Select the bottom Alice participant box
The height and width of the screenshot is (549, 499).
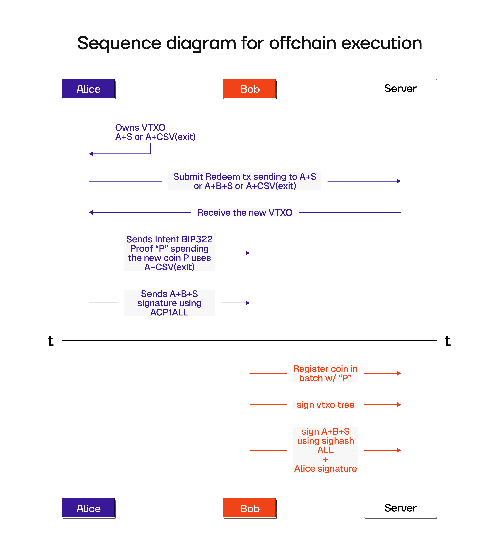click(x=88, y=508)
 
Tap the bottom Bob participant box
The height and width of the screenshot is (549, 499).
click(x=249, y=508)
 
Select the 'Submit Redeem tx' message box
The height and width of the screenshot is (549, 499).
click(x=245, y=181)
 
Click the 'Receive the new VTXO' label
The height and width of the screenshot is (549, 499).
click(x=245, y=212)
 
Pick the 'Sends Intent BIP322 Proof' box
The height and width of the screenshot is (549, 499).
click(x=169, y=253)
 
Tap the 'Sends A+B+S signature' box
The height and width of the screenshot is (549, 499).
click(x=169, y=303)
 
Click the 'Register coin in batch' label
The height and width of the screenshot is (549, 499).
click(x=325, y=373)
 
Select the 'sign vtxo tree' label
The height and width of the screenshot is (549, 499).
click(x=325, y=405)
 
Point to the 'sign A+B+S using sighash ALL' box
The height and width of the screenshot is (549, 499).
click(x=325, y=450)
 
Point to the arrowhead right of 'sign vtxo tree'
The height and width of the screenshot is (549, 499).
click(x=399, y=405)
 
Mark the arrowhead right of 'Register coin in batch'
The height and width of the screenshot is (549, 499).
click(x=399, y=373)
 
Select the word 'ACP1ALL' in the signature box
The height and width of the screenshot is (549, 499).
click(x=169, y=312)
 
